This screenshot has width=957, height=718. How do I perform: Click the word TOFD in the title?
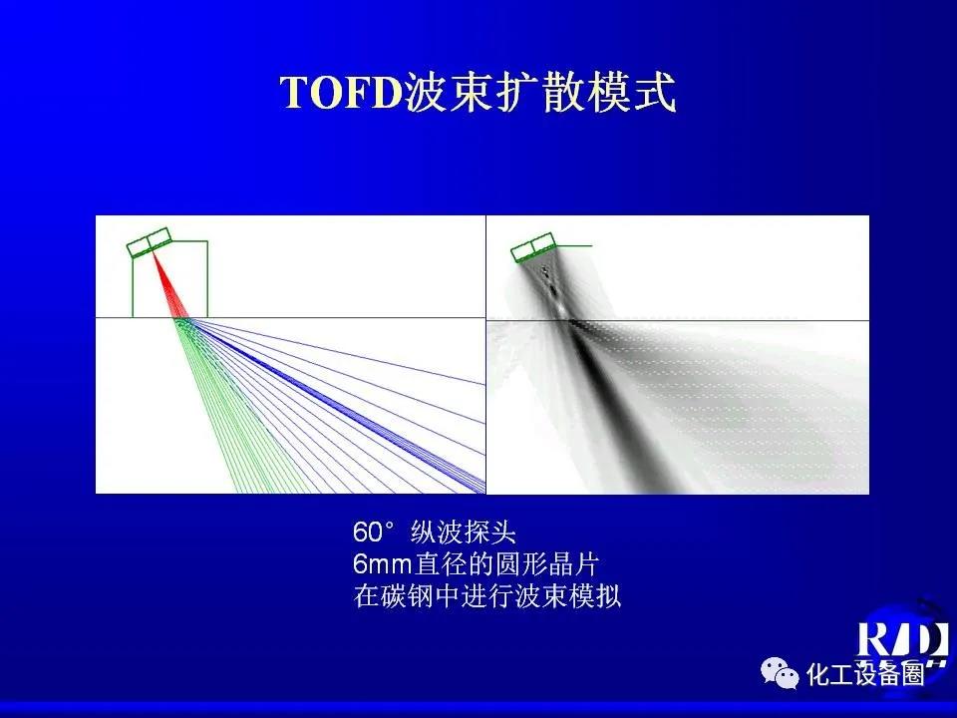(x=342, y=92)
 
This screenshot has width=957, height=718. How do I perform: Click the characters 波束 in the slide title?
(x=450, y=92)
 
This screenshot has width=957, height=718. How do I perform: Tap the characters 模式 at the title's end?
(x=631, y=92)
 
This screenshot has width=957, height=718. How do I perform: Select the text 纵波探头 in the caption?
(x=464, y=533)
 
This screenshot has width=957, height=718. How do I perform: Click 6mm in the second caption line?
(x=383, y=564)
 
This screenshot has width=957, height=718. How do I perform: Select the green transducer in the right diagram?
(x=532, y=248)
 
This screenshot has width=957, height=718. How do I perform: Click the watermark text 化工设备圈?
(x=865, y=674)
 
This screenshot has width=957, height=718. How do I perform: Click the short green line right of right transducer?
(x=573, y=246)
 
